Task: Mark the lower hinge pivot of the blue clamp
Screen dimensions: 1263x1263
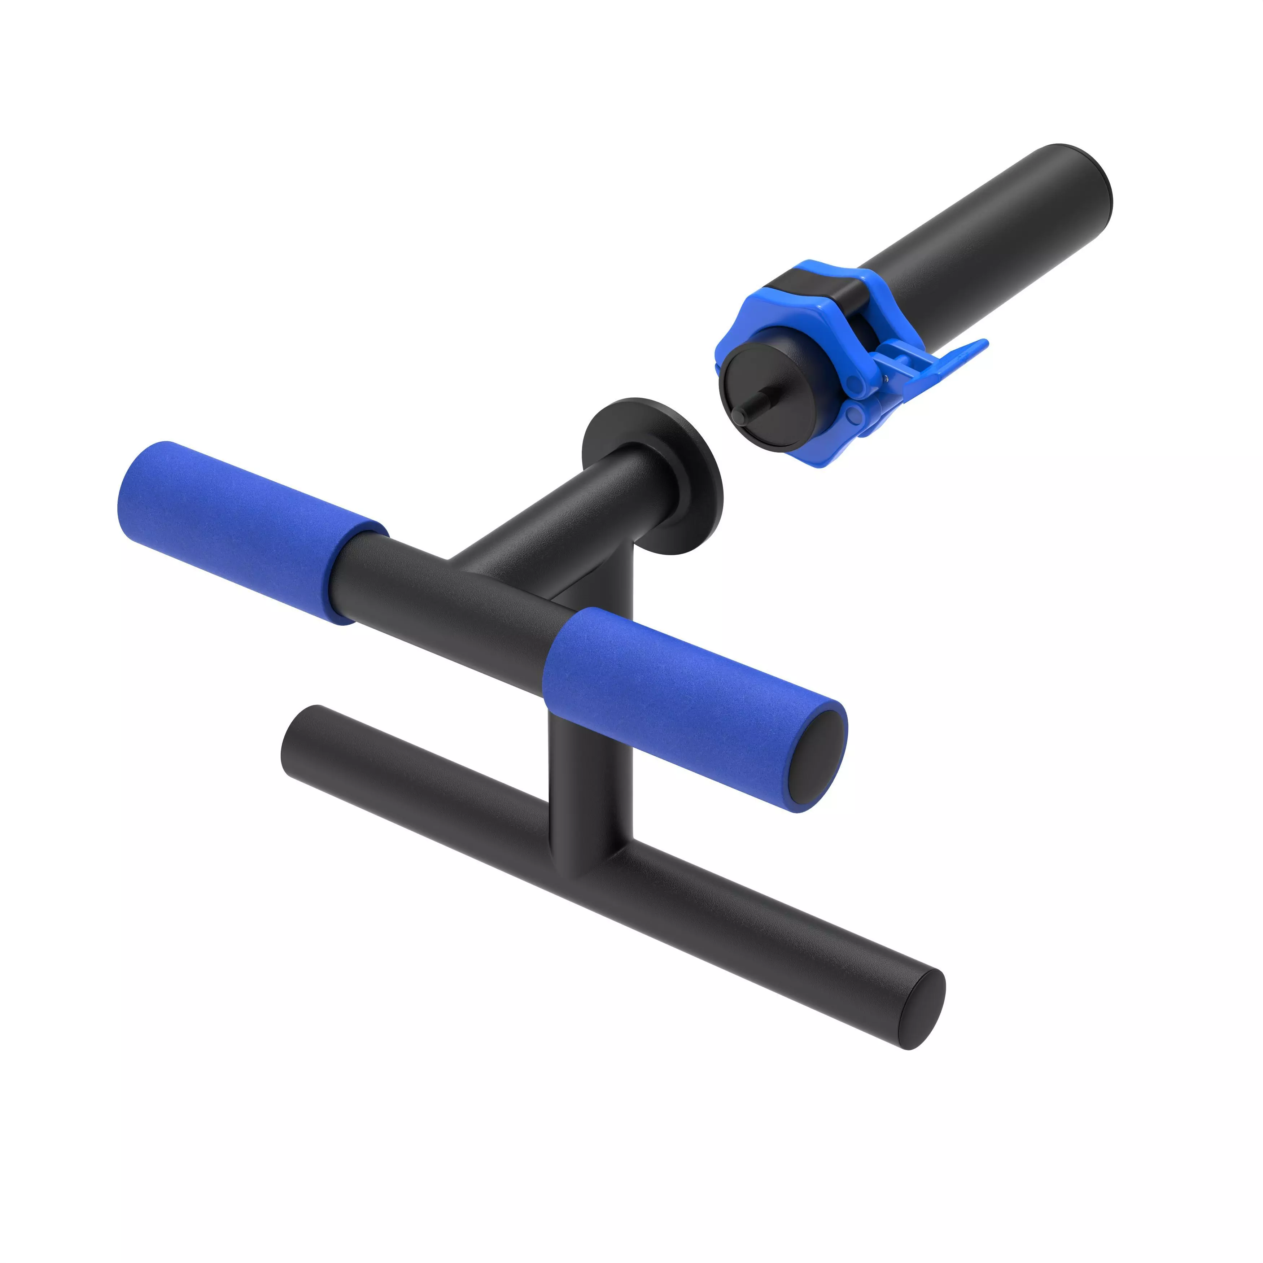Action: [853, 413]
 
